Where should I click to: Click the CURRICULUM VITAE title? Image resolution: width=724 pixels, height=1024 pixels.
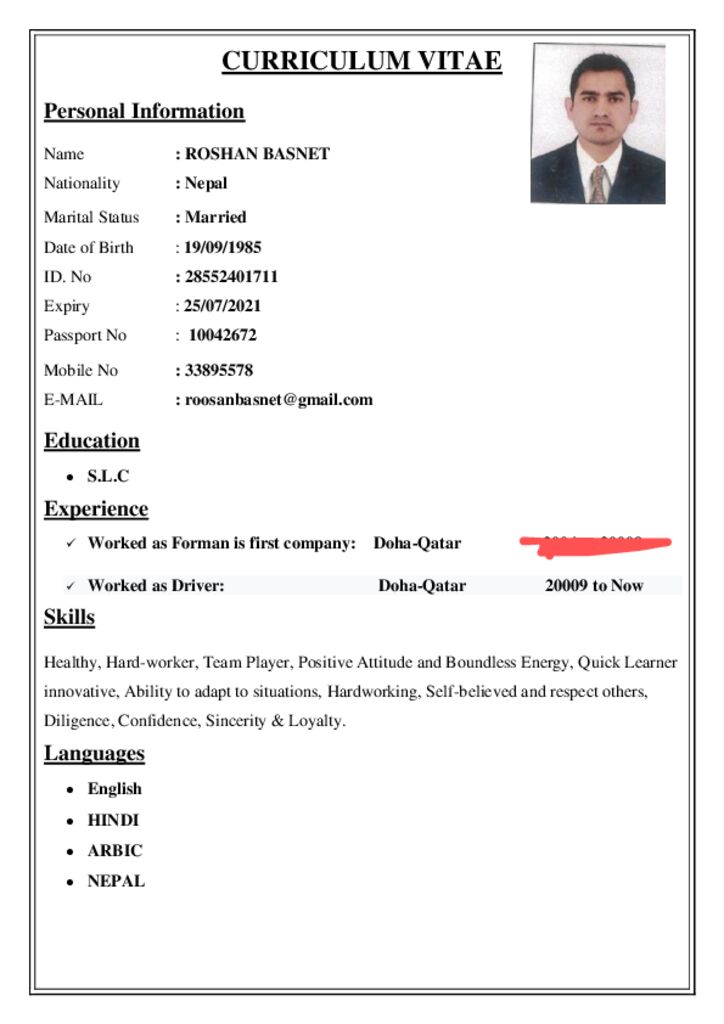pyautogui.click(x=361, y=61)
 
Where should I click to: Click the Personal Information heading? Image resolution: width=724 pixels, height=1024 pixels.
pyautogui.click(x=144, y=111)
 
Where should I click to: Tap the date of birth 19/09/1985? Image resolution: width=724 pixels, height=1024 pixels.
pyautogui.click(x=222, y=247)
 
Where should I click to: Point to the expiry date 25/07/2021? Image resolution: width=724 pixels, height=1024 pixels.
pyautogui.click(x=222, y=306)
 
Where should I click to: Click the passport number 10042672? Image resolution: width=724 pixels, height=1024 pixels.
pyautogui.click(x=222, y=335)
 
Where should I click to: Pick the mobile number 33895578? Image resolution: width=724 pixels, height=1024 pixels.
pyautogui.click(x=218, y=370)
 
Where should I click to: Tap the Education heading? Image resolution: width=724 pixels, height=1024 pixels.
pyautogui.click(x=92, y=441)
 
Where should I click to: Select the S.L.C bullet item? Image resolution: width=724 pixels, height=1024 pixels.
pyautogui.click(x=108, y=477)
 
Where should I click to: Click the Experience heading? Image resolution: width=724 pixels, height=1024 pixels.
pyautogui.click(x=96, y=509)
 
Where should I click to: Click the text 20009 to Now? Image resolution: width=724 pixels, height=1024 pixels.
pyautogui.click(x=594, y=586)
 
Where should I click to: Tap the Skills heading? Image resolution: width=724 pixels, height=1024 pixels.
pyautogui.click(x=69, y=617)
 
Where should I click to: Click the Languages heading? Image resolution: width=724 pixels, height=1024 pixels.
pyautogui.click(x=94, y=753)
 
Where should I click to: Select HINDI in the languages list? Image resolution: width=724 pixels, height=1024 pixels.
pyautogui.click(x=113, y=820)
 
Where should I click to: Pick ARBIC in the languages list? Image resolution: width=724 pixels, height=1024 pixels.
pyautogui.click(x=115, y=851)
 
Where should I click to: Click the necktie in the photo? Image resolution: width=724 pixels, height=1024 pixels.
pyautogui.click(x=598, y=185)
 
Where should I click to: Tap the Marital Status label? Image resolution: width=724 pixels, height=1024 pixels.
pyautogui.click(x=91, y=217)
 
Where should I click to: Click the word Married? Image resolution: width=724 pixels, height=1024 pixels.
pyautogui.click(x=215, y=217)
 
